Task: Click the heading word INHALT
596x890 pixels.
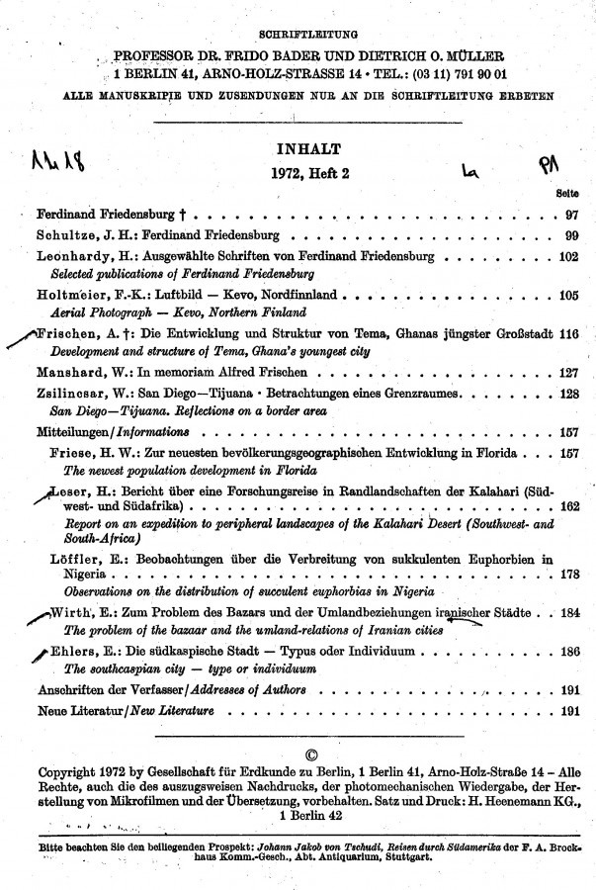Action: [x=311, y=149]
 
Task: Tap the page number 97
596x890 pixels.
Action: [x=570, y=215]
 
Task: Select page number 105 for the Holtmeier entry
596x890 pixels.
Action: [x=566, y=296]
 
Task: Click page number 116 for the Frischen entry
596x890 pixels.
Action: [x=566, y=335]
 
